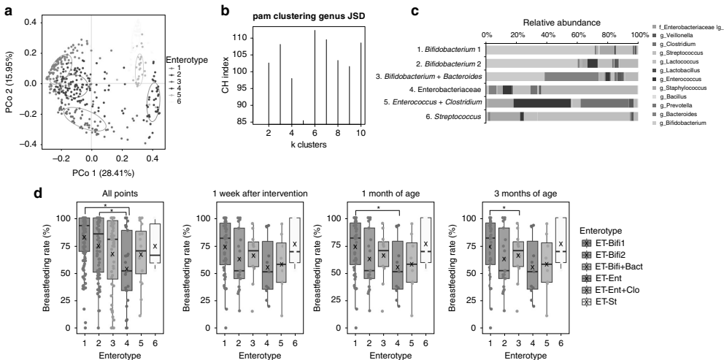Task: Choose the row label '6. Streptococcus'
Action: (452, 115)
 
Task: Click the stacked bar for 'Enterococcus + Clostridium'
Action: (563, 103)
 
